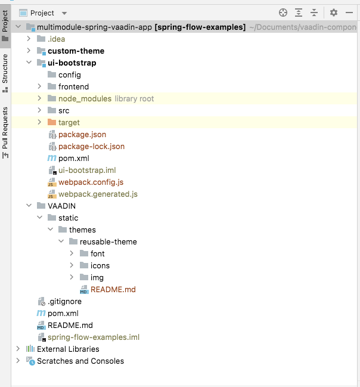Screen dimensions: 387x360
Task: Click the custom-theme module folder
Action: [76, 51]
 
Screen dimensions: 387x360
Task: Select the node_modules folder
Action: [85, 98]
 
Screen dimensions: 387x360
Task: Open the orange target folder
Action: [69, 122]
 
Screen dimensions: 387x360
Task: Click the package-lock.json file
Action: [91, 146]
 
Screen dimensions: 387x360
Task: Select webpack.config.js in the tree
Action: [91, 182]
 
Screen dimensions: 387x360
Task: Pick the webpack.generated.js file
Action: [98, 194]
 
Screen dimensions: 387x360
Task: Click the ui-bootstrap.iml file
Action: [86, 170]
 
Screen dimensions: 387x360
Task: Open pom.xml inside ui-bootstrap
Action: [73, 158]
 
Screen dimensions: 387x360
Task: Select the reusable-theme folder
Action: [108, 242]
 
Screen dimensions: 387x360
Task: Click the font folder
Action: [97, 253]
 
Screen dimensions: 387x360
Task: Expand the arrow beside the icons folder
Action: [72, 265]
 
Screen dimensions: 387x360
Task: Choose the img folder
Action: [97, 277]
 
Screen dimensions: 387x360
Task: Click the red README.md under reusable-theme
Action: [113, 289]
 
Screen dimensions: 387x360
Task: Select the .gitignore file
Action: [64, 301]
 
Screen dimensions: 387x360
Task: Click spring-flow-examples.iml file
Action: [93, 337]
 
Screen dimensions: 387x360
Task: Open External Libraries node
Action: [68, 349]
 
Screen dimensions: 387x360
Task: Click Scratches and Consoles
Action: [80, 361]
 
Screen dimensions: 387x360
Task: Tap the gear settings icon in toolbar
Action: [334, 13]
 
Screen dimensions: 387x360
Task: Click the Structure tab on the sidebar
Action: [5, 69]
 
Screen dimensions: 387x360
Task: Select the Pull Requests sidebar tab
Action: [5, 128]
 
